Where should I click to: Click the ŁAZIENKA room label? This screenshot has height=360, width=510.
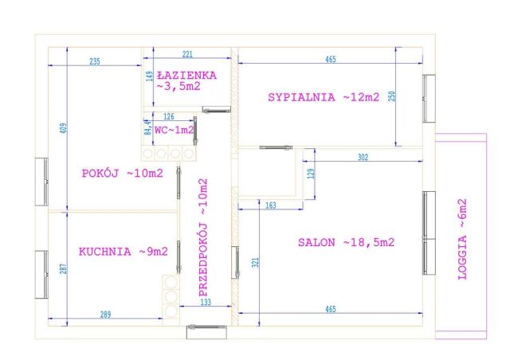pyautogui.click(x=186, y=76)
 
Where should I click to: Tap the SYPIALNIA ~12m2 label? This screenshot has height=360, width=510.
pyautogui.click(x=324, y=97)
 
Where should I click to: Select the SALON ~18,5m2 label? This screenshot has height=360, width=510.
pyautogui.click(x=346, y=242)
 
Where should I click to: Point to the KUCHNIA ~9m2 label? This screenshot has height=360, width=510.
pyautogui.click(x=124, y=252)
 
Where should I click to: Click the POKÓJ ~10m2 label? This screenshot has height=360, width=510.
pyautogui.click(x=122, y=173)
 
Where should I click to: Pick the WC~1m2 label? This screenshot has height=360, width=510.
pyautogui.click(x=175, y=130)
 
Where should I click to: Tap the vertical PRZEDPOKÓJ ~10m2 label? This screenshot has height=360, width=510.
pyautogui.click(x=203, y=237)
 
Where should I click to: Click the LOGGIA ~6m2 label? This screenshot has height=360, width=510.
pyautogui.click(x=462, y=240)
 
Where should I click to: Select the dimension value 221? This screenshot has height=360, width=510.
pyautogui.click(x=187, y=54)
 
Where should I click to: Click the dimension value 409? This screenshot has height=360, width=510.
pyautogui.click(x=64, y=127)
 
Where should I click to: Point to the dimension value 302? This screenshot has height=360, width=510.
pyautogui.click(x=363, y=157)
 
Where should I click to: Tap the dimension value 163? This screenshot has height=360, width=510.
pyautogui.click(x=271, y=205)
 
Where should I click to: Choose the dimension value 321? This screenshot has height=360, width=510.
pyautogui.click(x=255, y=263)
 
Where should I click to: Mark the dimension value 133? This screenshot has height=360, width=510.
pyautogui.click(x=206, y=302)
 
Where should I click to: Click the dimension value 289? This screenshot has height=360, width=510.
pyautogui.click(x=105, y=315)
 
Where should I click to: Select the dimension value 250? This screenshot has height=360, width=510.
pyautogui.click(x=392, y=96)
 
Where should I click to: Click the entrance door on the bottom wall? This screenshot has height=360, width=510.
pyautogui.click(x=206, y=331)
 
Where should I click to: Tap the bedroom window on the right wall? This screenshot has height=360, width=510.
pyautogui.click(x=429, y=99)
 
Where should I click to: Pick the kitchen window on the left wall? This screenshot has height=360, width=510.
pyautogui.click(x=41, y=275)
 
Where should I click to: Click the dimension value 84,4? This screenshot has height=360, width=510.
pyautogui.click(x=148, y=127)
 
